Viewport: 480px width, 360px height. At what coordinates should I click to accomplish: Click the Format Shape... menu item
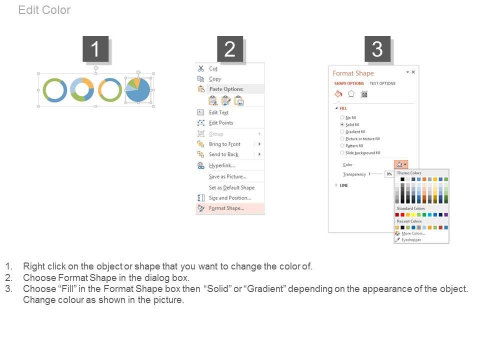(226, 208)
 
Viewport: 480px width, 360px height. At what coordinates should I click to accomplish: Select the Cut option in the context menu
(213, 68)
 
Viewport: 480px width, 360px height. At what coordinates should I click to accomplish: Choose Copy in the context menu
(215, 78)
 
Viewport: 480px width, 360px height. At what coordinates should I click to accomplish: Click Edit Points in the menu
(221, 123)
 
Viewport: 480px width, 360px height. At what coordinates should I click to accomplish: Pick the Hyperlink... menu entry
(222, 165)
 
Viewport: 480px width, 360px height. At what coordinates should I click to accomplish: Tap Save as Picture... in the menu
(228, 176)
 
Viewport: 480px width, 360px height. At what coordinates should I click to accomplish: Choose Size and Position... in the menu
(230, 198)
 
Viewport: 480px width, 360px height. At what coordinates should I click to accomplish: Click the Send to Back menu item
(224, 154)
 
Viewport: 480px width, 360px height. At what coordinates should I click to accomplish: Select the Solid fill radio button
(342, 124)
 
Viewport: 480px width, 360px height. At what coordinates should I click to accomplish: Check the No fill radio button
(342, 117)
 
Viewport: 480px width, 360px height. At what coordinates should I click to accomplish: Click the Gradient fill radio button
(342, 131)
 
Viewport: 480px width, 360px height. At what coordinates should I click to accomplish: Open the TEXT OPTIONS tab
(382, 83)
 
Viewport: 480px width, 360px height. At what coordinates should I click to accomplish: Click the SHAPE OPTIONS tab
(349, 83)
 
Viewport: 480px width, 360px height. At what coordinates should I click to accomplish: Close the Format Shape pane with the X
(413, 72)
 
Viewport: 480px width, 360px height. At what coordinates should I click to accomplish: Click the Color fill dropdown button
(401, 164)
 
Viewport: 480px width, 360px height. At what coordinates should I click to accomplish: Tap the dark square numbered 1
(95, 49)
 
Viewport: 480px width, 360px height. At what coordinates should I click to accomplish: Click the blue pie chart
(138, 89)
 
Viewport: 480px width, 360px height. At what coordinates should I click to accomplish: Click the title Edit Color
(44, 10)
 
